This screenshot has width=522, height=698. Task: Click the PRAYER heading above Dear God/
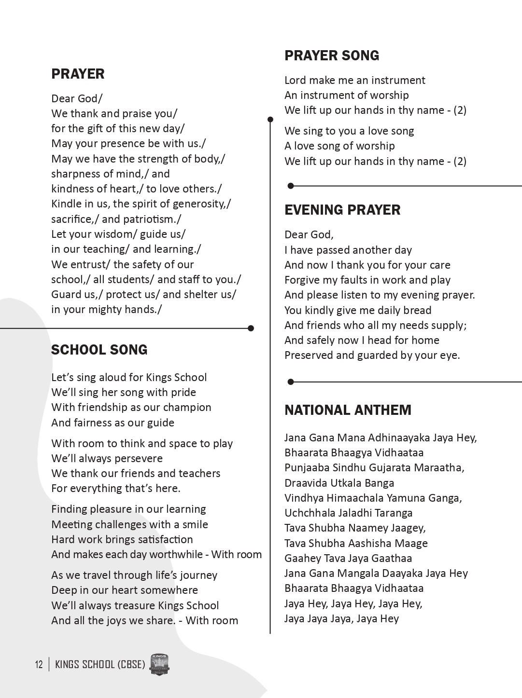pos(78,74)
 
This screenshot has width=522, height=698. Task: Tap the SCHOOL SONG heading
pos(99,350)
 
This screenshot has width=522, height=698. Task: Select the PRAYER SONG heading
pos(332,55)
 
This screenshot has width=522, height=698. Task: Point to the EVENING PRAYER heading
pos(342,210)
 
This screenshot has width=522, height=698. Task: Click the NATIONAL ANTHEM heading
pos(348,410)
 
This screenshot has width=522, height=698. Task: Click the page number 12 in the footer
pos(39,665)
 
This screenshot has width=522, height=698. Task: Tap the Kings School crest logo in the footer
pos(159,665)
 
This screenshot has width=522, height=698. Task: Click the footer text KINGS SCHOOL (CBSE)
pos(100,665)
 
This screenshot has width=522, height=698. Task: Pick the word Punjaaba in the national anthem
pos(306,467)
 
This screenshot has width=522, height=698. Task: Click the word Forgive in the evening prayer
pos(303,280)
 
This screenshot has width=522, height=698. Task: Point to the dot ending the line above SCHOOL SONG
pos(251,328)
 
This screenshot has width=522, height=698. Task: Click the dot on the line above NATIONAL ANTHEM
pos(291,382)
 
